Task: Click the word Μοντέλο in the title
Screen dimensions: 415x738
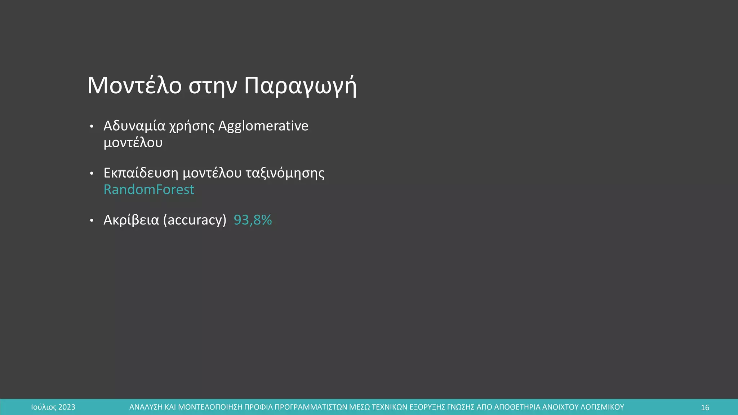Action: pyautogui.click(x=134, y=86)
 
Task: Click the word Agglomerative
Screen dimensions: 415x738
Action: pyautogui.click(x=263, y=126)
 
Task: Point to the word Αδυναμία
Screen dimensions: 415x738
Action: pyautogui.click(x=134, y=126)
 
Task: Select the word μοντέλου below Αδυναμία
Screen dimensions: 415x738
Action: pyautogui.click(x=133, y=143)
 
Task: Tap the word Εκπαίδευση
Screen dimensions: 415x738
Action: pyautogui.click(x=141, y=173)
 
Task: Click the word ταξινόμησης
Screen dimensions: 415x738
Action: pyautogui.click(x=285, y=173)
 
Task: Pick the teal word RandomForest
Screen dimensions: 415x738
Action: pyautogui.click(x=149, y=189)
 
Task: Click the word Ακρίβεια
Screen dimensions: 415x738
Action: pyautogui.click(x=131, y=220)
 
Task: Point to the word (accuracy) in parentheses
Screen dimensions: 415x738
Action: pyautogui.click(x=195, y=220)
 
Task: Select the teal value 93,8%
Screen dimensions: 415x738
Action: pyautogui.click(x=253, y=220)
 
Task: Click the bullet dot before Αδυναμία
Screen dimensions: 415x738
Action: pyautogui.click(x=92, y=126)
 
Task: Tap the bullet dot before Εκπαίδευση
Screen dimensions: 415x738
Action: pyautogui.click(x=92, y=174)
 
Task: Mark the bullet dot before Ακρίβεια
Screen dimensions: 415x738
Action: pyautogui.click(x=92, y=220)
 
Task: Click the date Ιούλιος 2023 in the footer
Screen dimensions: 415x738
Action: pyautogui.click(x=53, y=407)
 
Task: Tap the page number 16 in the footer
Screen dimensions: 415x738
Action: pyautogui.click(x=705, y=407)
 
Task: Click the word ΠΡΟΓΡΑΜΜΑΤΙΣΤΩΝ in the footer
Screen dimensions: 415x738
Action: pyautogui.click(x=311, y=407)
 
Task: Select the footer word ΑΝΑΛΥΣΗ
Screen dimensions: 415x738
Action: pyautogui.click(x=146, y=407)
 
